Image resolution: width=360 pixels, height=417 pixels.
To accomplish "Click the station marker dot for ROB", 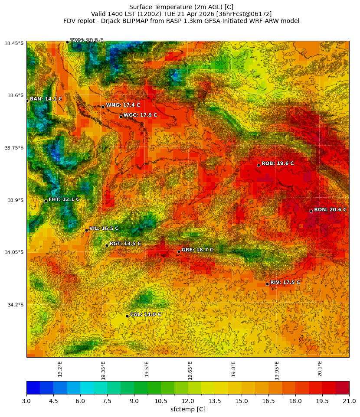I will (259, 165).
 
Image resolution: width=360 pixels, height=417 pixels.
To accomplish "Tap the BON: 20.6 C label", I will (330, 209).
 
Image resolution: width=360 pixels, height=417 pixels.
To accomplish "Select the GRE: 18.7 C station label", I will (197, 250).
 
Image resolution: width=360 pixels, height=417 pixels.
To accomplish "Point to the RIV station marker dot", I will (267, 284).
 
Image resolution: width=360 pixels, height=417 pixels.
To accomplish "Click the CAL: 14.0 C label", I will (146, 314).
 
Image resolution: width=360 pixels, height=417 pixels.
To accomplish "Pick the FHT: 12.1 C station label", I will (64, 199).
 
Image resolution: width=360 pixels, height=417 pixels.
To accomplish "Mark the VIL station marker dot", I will (86, 230).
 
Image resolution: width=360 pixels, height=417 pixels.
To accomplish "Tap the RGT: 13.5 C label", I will (125, 244).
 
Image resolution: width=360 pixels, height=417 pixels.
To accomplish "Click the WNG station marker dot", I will (103, 107).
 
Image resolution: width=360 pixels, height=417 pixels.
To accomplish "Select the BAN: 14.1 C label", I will (46, 99).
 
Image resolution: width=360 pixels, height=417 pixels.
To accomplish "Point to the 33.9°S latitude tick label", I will (14, 200).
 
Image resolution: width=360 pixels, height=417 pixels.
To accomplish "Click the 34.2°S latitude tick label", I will (14, 305).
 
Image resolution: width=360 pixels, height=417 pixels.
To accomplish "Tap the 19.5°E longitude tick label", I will (147, 369).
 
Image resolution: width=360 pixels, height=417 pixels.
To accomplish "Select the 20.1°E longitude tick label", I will (320, 369).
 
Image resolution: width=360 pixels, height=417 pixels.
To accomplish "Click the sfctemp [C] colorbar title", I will (188, 409).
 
